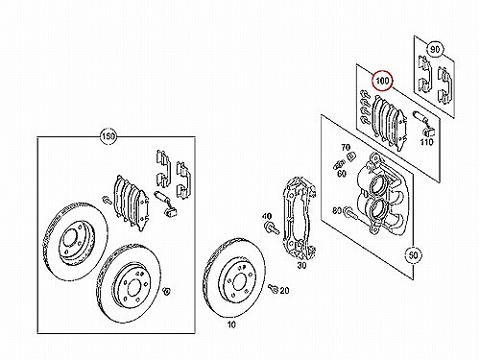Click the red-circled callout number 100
(382, 81)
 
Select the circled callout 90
(435, 50)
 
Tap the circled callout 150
(108, 136)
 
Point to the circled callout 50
(413, 255)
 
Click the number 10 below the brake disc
(231, 324)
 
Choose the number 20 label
(284, 291)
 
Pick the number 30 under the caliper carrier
(301, 265)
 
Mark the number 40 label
(267, 216)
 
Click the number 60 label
(342, 174)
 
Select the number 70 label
(346, 148)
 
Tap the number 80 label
(337, 211)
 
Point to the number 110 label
(426, 142)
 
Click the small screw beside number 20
(273, 288)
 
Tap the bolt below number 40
(272, 228)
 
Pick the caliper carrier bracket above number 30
(300, 218)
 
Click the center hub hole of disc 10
(240, 282)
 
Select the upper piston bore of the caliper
(378, 186)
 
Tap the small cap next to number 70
(351, 156)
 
